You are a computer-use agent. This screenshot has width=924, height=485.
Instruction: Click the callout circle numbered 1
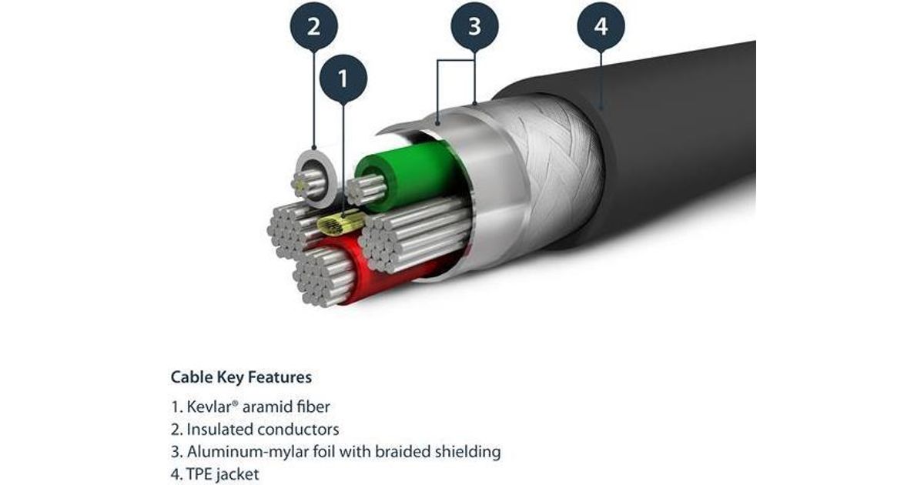pyautogui.click(x=342, y=78)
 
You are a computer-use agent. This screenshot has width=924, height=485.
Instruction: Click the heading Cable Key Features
pyautogui.click(x=241, y=377)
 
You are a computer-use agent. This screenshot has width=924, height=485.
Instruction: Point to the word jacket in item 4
pyautogui.click(x=237, y=473)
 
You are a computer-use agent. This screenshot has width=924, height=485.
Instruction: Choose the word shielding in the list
pyautogui.click(x=470, y=451)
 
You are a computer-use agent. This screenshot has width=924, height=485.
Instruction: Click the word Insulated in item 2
pyautogui.click(x=217, y=429)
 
